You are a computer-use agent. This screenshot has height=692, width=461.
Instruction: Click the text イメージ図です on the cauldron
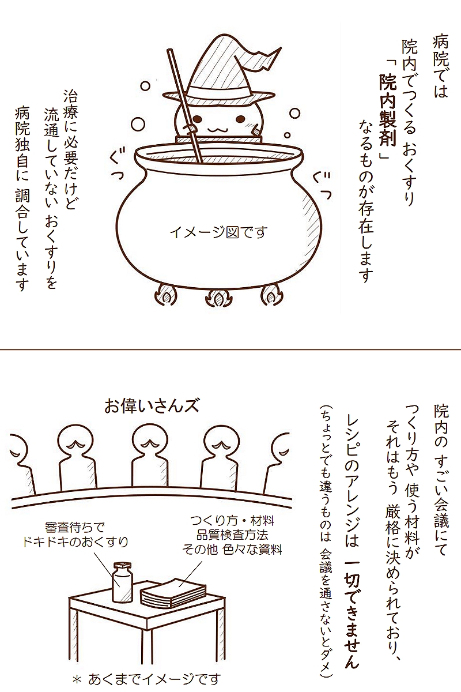219,232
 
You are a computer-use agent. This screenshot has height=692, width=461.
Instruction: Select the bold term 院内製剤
385,112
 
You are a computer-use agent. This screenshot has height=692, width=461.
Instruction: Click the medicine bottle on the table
123,582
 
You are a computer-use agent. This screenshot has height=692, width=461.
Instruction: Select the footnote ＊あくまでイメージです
148,679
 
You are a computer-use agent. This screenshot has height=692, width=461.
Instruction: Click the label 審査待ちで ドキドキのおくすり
74,534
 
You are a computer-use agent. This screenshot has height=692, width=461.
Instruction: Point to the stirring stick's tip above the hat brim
171,55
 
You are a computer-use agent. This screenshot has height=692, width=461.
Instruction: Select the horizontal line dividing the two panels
231,349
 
